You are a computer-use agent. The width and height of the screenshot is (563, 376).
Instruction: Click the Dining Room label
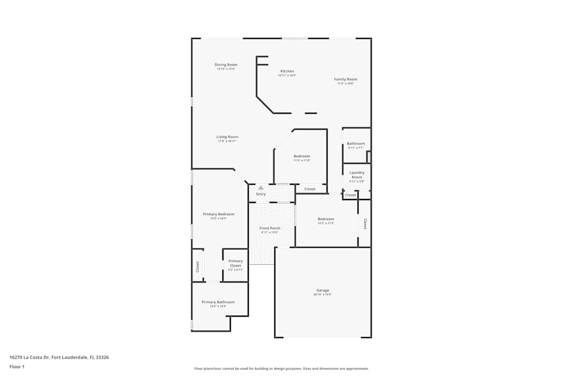tap(226, 65)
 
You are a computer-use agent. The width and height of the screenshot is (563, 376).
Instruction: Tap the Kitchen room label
tap(287, 72)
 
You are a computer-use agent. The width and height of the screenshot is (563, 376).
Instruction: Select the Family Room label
tap(346, 79)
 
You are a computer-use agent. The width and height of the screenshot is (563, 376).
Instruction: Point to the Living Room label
tap(227, 137)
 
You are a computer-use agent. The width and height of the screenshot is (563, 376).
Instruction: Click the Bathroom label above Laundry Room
tap(356, 144)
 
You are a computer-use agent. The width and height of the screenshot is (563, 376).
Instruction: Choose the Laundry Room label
tap(357, 175)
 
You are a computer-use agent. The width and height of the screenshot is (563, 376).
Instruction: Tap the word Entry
tap(261, 194)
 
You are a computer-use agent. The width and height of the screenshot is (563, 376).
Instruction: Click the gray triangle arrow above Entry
tap(261, 188)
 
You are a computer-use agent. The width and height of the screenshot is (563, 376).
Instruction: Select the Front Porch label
tap(270, 228)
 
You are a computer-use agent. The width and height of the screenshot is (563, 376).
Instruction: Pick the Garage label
tap(323, 290)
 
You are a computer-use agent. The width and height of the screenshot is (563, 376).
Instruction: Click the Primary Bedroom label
tap(218, 214)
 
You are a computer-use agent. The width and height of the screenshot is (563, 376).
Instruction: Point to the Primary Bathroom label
tap(218, 302)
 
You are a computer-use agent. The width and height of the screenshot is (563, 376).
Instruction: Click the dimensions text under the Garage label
tap(323, 295)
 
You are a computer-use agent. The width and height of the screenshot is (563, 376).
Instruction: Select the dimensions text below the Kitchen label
tap(287, 76)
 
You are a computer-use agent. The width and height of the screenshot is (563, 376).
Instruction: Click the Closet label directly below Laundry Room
tap(350, 195)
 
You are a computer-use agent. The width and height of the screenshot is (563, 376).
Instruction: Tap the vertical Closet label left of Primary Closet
tap(198, 267)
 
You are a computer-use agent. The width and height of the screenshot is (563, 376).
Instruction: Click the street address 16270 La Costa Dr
tap(59, 357)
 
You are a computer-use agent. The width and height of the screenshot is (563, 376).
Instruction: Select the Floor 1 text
tap(17, 366)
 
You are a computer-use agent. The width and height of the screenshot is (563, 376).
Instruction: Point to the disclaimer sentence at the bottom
tap(281, 369)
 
